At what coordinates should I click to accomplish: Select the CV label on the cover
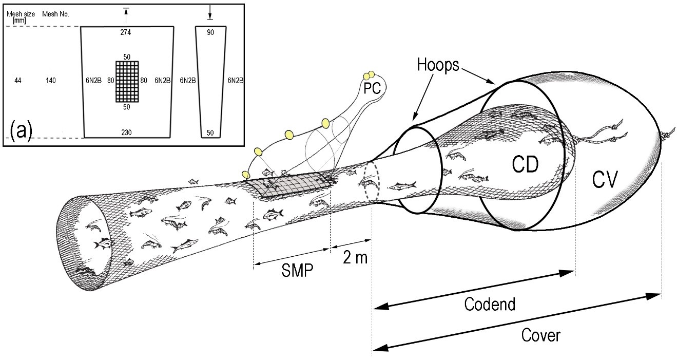(x=606, y=180)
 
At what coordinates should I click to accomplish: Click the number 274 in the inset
(x=126, y=32)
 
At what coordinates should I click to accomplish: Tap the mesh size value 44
(x=19, y=81)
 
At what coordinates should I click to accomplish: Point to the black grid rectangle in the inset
(x=127, y=81)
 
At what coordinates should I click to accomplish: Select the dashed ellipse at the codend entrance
(x=371, y=182)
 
